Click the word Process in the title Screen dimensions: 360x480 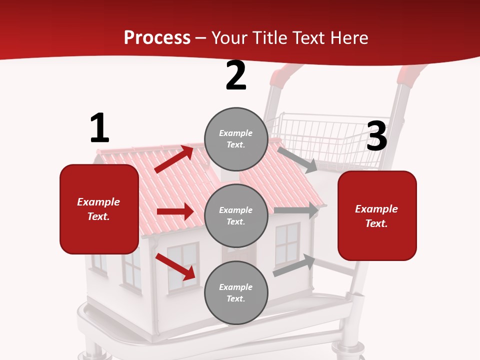(157, 37)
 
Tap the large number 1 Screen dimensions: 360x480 (99, 128)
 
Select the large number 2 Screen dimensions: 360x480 (236, 76)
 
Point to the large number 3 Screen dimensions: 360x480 (376, 136)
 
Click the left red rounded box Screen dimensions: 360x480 (99, 209)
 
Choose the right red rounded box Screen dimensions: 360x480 (377, 215)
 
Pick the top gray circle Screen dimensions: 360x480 (236, 139)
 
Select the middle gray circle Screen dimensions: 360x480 (236, 215)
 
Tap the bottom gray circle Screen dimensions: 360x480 (236, 292)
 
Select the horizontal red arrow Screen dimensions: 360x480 (175, 211)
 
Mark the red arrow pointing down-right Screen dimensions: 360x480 (175, 266)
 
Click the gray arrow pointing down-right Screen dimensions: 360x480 (297, 159)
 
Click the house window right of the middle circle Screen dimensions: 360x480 (287, 243)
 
